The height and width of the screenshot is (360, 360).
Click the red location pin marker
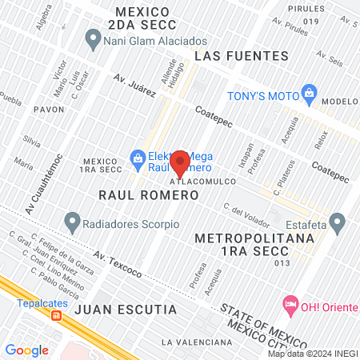(x=180, y=162)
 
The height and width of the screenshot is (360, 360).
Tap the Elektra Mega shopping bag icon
(x=138, y=158)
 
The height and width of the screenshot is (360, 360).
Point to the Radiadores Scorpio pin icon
(x=73, y=218)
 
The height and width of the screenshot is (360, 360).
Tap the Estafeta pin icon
(x=337, y=219)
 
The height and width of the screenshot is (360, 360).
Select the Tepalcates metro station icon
(x=56, y=315)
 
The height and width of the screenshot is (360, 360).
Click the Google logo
(x=27, y=350)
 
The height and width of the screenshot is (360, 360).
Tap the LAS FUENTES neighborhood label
(x=241, y=56)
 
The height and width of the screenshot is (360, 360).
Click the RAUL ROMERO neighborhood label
(x=135, y=194)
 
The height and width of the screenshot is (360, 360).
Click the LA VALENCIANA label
(x=190, y=342)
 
